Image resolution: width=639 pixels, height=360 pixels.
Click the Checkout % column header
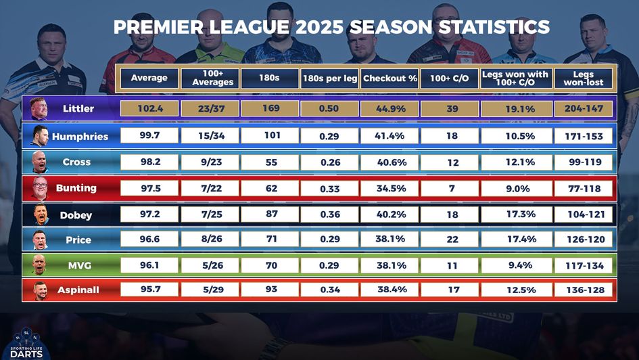pos(389,78)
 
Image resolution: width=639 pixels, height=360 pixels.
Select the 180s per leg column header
pos(329,78)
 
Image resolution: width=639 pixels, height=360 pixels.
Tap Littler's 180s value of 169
pos(270,108)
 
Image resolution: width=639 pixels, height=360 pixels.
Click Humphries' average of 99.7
pos(149,135)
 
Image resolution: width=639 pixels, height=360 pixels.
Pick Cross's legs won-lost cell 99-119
pos(584,162)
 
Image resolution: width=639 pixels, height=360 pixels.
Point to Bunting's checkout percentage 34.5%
pos(389,188)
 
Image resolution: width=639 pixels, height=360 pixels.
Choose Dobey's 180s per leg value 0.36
pos(329,215)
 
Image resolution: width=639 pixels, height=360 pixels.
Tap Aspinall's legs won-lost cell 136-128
pos(584,290)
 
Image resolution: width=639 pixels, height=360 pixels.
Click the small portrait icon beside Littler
pos(39,109)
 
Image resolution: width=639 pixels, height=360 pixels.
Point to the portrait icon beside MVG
pos(39,265)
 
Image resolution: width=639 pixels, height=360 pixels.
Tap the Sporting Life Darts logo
pos(27,342)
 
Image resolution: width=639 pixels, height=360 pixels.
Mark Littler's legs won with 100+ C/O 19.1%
pos(517,108)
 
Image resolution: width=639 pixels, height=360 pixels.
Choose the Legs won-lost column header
pos(584,78)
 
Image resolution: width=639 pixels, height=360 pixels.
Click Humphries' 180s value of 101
pos(270,135)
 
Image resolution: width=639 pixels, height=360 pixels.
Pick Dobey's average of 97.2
pos(149,215)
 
